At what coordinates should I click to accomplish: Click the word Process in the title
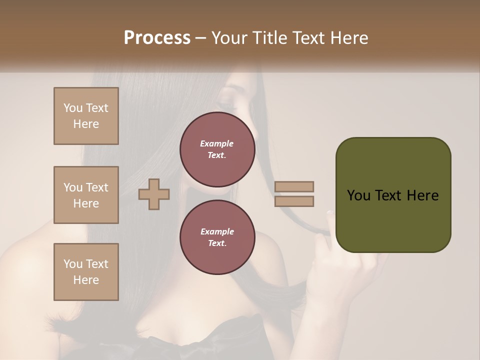click(x=157, y=38)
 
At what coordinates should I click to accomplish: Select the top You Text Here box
click(x=86, y=116)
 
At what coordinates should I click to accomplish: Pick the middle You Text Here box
click(x=86, y=195)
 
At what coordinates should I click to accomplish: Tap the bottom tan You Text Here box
click(x=86, y=272)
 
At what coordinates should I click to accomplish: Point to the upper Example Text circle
click(x=217, y=149)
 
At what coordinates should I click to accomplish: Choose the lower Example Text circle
click(x=217, y=237)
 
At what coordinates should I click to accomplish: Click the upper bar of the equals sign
click(x=294, y=186)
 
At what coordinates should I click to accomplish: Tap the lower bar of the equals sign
click(x=294, y=201)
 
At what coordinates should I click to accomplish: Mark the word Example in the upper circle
click(x=217, y=143)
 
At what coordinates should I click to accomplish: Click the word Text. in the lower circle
click(x=217, y=243)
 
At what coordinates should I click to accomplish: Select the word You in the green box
click(x=358, y=195)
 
